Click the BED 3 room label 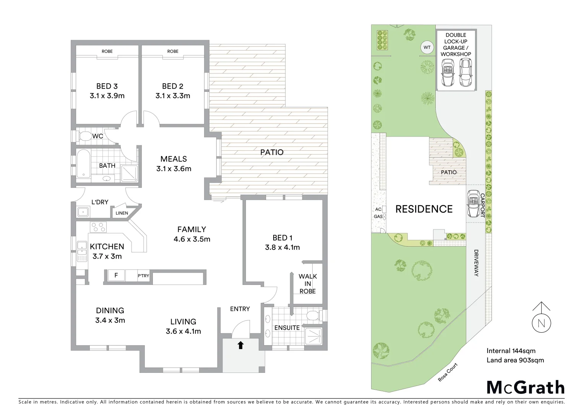[x=107, y=86]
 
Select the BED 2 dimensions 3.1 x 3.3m [x=173, y=96]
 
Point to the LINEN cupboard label [x=122, y=213]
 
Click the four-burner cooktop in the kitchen [x=98, y=227]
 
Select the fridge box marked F [x=116, y=275]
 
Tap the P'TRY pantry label [x=143, y=276]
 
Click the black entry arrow [x=240, y=345]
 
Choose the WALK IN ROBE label [x=308, y=283]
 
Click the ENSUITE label [x=287, y=328]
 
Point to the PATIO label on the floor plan [x=272, y=152]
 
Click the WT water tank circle [x=427, y=47]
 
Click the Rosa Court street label [x=448, y=372]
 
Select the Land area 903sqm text [x=515, y=360]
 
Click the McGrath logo [x=525, y=387]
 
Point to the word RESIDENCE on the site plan [x=424, y=209]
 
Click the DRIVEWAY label [x=476, y=263]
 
